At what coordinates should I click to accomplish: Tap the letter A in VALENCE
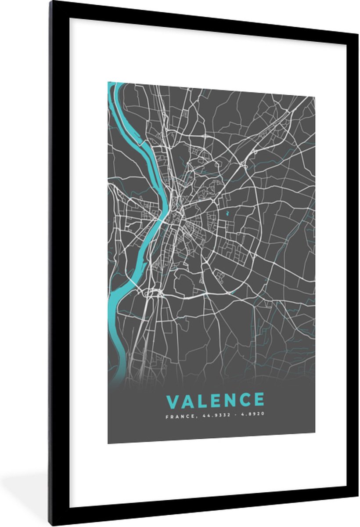(186, 400)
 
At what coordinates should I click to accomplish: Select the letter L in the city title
(200, 400)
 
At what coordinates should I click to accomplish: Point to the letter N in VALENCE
(227, 400)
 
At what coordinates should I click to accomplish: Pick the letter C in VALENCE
(243, 400)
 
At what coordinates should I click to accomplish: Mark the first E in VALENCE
(213, 400)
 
